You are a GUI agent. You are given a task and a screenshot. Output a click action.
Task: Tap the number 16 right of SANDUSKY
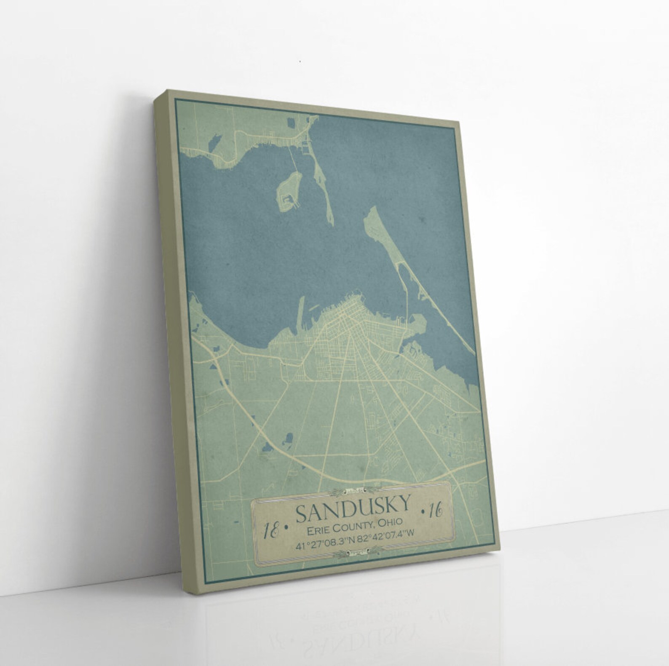pyautogui.click(x=436, y=511)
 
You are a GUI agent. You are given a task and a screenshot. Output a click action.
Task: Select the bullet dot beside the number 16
pyautogui.click(x=423, y=512)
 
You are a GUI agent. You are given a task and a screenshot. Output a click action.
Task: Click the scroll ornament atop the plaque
pyautogui.click(x=357, y=490)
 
